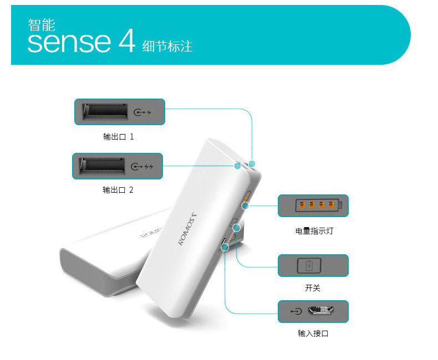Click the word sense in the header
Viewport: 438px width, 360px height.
tap(69, 43)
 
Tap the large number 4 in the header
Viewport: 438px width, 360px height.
tap(127, 42)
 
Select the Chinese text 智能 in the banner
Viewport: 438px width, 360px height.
tap(42, 24)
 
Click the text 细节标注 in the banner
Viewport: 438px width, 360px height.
tap(167, 46)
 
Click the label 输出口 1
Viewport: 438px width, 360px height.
tap(118, 136)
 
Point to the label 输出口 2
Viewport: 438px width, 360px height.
tap(118, 190)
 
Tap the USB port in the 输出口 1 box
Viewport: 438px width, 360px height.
tap(103, 111)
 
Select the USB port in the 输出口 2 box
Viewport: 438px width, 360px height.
tap(101, 166)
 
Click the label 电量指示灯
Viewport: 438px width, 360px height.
tap(314, 231)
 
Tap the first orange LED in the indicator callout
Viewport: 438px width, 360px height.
tap(302, 206)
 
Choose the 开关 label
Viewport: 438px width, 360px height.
tap(313, 288)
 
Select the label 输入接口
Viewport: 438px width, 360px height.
tap(313, 333)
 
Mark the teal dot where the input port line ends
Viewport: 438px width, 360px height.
tap(226, 247)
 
